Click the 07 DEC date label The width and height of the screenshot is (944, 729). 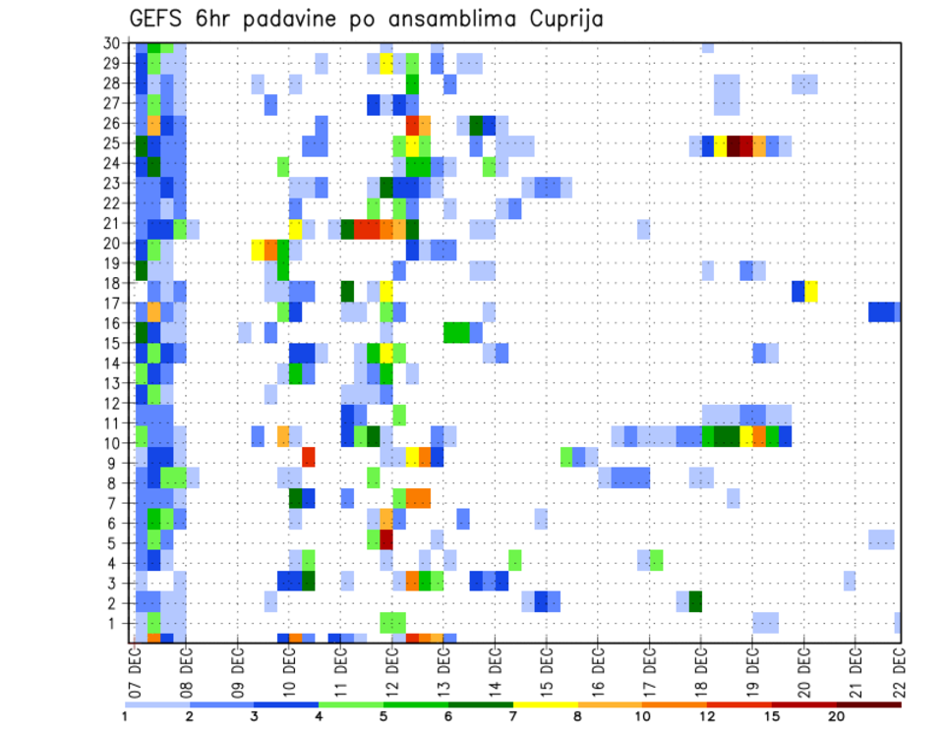pos(134,667)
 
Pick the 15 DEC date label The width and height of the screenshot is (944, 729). pos(544,667)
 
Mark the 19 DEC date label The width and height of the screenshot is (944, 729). pos(749,667)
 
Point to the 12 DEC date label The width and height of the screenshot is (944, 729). pos(390,667)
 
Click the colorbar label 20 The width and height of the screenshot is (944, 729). pos(838,716)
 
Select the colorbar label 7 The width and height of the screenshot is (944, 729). pos(512,716)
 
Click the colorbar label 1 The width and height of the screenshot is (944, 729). pos(125,716)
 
